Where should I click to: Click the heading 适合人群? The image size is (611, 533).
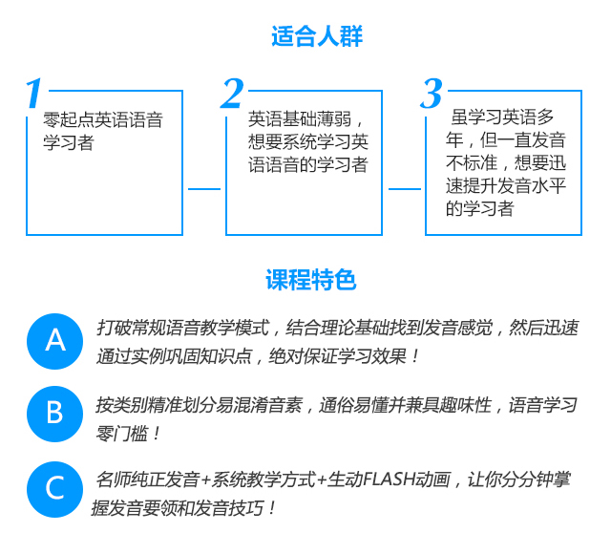click(317, 36)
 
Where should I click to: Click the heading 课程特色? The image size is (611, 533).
click(310, 280)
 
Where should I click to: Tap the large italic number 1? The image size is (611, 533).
click(34, 93)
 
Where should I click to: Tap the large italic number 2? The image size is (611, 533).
click(232, 93)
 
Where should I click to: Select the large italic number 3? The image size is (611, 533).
click(432, 94)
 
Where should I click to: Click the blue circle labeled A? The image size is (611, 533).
click(55, 341)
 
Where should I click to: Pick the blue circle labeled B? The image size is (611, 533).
click(55, 414)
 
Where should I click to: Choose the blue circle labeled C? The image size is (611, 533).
click(55, 489)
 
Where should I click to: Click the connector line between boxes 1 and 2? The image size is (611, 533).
click(204, 189)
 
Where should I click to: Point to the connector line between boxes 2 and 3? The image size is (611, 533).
click(405, 189)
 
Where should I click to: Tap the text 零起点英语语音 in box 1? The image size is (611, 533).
click(103, 119)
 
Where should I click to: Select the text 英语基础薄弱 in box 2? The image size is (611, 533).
click(299, 118)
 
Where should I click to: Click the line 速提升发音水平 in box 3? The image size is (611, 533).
click(506, 185)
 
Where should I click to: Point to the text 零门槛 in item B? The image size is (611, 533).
click(121, 434)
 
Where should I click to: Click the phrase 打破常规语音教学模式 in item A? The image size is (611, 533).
click(183, 328)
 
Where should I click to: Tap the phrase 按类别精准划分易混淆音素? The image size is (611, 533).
click(200, 405)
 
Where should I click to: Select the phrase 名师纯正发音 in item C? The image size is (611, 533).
click(148, 480)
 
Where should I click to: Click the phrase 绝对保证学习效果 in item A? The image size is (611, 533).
click(337, 355)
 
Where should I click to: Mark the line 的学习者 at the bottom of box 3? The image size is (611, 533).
click(480, 208)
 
